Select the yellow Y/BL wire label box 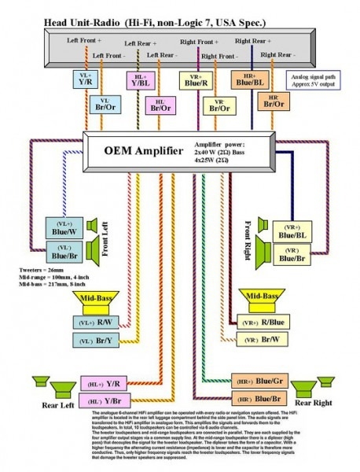coord(141,81)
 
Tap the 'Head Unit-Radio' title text coord(73,26)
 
